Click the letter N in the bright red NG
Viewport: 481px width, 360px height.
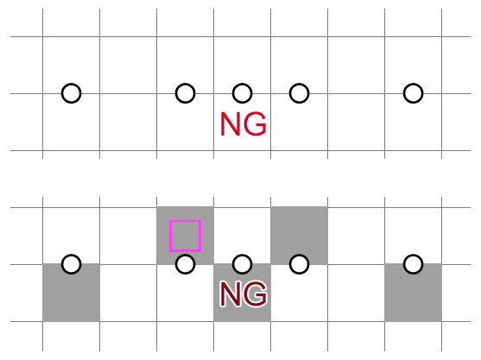(x=231, y=125)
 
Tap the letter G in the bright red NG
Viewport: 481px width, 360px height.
(x=255, y=125)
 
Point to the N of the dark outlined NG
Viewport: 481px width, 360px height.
(x=231, y=295)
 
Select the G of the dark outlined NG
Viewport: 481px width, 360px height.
(x=255, y=295)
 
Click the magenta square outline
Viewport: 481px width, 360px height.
(x=185, y=236)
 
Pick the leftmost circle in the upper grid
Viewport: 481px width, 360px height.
(x=72, y=92)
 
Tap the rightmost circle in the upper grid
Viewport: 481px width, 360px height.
(x=413, y=92)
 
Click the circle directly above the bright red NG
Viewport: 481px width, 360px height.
(x=242, y=92)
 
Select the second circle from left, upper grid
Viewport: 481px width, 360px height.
(x=185, y=92)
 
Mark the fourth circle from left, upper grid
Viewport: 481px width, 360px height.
(x=299, y=92)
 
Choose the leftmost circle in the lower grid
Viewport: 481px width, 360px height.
(x=72, y=263)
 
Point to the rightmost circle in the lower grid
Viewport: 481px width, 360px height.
(x=413, y=263)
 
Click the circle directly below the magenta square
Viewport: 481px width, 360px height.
(x=185, y=263)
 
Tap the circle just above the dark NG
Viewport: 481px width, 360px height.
(x=242, y=263)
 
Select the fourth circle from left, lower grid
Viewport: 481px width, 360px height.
(x=299, y=263)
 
